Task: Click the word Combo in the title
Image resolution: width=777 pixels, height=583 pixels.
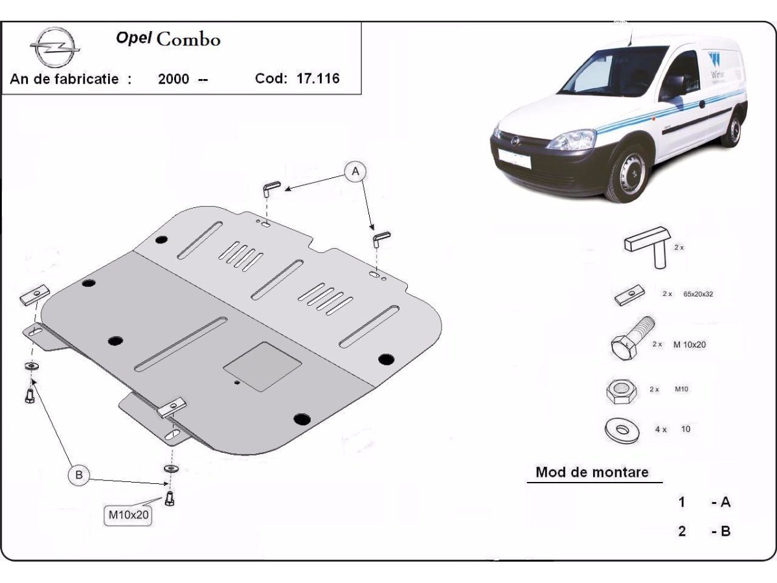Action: tap(188, 39)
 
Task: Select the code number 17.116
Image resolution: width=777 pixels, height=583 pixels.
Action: tap(318, 79)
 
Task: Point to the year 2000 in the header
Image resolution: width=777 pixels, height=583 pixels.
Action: tap(174, 80)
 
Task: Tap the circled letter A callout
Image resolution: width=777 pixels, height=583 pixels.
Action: tap(355, 172)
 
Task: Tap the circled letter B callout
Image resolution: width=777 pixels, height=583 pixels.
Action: tap(79, 475)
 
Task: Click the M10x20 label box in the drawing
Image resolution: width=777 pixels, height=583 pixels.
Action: tap(128, 516)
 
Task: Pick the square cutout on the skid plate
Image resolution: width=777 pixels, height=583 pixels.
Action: tap(262, 366)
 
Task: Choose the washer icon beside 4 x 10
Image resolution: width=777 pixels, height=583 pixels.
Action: tap(621, 429)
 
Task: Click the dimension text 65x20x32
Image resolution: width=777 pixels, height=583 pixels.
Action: tap(698, 293)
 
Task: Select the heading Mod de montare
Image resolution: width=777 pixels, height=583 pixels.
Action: tap(592, 472)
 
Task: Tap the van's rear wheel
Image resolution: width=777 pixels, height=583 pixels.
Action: tap(733, 130)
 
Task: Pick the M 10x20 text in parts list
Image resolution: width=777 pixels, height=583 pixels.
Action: tap(689, 345)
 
